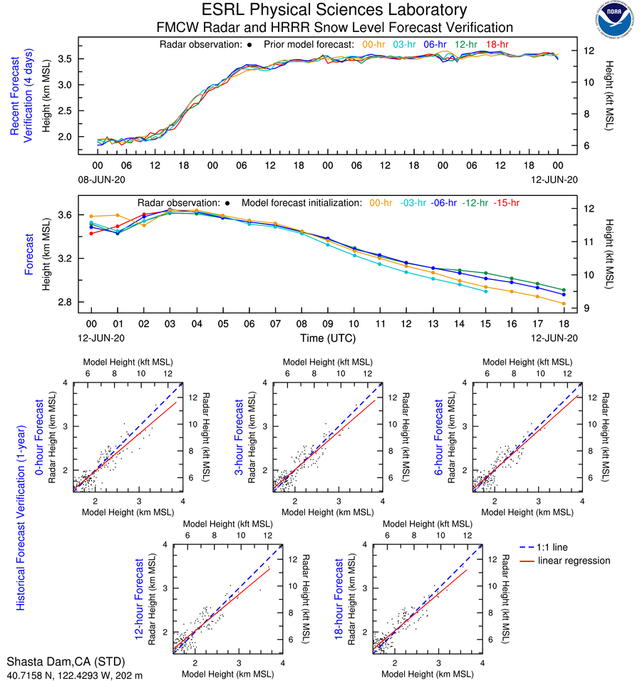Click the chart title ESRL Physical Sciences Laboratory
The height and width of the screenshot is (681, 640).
point(334,10)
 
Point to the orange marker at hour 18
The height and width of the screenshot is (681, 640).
point(564,303)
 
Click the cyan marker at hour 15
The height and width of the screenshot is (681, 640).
point(485,291)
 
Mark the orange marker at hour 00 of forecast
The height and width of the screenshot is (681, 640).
point(91,216)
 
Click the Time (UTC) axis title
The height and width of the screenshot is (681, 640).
point(327,337)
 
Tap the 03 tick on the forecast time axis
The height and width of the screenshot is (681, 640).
point(170,323)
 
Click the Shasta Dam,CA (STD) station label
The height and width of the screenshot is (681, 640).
point(53,661)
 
